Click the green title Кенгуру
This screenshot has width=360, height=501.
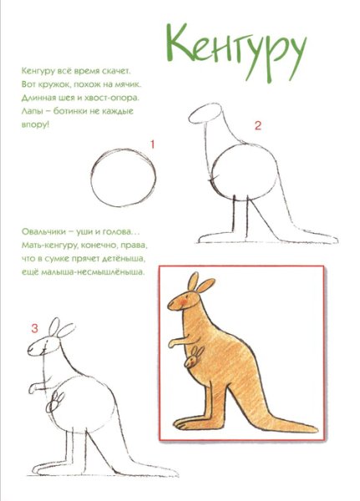[236, 53]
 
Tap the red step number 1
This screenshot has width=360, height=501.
[153, 144]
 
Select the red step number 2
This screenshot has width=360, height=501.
[258, 125]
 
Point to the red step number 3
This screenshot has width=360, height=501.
[34, 328]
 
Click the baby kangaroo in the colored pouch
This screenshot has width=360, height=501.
[192, 357]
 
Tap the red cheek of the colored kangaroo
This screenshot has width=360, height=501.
[183, 301]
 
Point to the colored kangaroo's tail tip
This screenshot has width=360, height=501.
[316, 428]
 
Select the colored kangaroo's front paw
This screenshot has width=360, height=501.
[173, 344]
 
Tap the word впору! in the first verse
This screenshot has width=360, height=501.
[35, 124]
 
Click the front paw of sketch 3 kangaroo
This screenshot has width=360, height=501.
[33, 388]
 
